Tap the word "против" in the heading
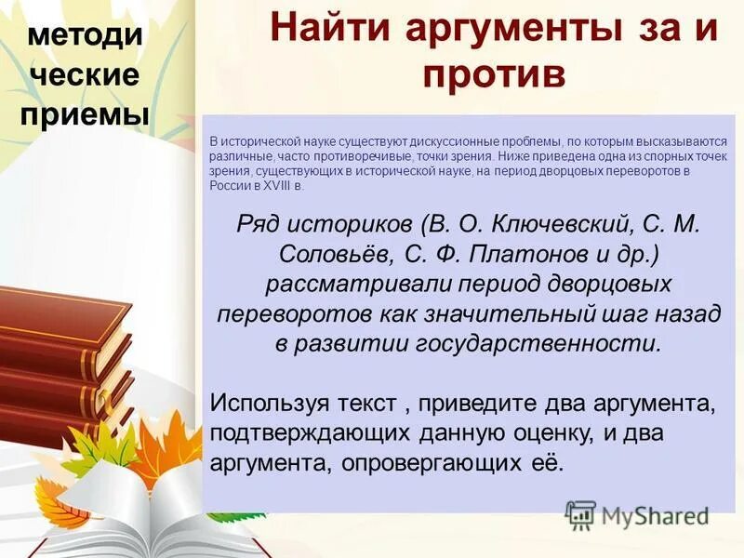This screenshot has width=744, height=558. coord(495,73)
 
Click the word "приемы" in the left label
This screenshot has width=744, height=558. coord(85,114)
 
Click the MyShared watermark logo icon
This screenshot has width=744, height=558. coord(580,514)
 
